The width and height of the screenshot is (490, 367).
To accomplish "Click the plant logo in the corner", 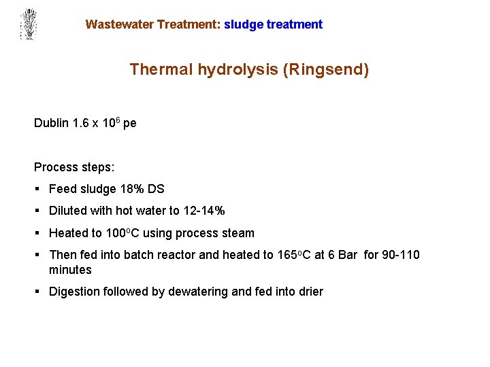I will pos(28,24).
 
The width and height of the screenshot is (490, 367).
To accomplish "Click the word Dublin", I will pos(51,123).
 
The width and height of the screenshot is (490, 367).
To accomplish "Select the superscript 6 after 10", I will pos(117,120).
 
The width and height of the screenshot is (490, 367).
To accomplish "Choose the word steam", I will pos(238,233).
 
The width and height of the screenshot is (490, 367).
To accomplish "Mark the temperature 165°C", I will pos(295,255).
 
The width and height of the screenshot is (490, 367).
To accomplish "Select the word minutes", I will pos(70,270).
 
